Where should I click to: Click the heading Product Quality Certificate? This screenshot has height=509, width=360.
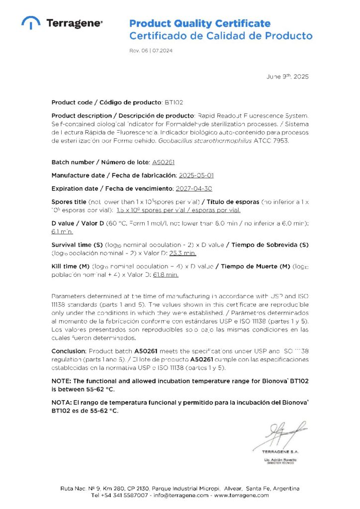[200, 23]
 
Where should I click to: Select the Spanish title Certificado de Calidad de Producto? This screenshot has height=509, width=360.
[221, 36]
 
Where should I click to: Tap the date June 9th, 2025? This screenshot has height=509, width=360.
[288, 77]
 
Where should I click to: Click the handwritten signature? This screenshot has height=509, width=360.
[278, 434]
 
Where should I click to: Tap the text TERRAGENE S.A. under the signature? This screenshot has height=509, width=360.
[281, 451]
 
